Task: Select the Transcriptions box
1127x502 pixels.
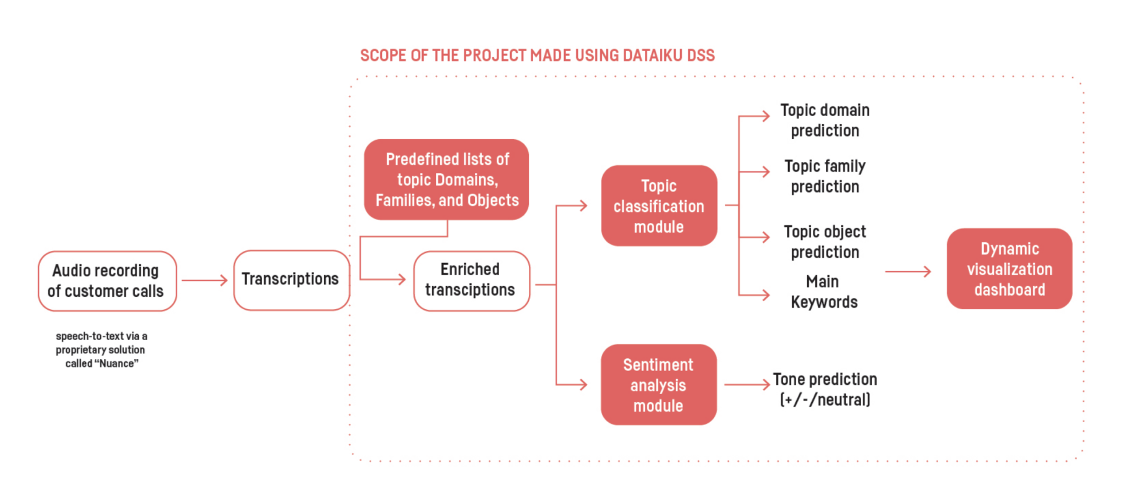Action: click(291, 280)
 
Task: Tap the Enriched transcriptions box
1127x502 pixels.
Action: click(471, 281)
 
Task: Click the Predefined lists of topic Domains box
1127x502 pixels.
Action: click(446, 179)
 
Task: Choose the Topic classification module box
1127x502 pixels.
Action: click(659, 206)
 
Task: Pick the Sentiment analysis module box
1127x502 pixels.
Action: click(658, 385)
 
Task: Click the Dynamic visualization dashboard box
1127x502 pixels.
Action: click(1009, 269)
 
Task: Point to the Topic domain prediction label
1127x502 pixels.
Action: click(824, 120)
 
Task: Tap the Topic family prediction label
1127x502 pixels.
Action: click(824, 176)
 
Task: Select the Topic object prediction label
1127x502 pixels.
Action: click(824, 242)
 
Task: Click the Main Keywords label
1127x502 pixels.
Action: click(823, 292)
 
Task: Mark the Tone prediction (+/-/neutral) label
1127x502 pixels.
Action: click(824, 389)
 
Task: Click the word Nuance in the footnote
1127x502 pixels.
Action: click(116, 364)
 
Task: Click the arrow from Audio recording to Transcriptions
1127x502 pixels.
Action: click(204, 281)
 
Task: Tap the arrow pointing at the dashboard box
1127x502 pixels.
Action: click(908, 271)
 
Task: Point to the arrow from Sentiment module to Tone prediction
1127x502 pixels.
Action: click(747, 385)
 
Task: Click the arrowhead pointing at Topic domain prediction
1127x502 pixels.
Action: click(765, 116)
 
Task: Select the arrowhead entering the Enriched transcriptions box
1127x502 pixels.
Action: click(401, 280)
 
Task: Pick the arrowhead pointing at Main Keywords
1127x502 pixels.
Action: click(765, 295)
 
